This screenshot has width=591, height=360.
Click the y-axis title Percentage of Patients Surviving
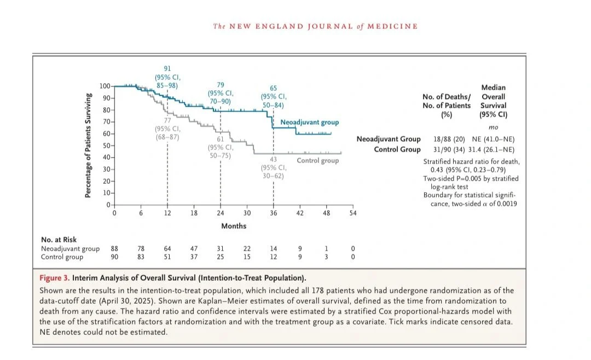coord(88,146)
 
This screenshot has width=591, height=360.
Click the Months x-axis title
coord(234,226)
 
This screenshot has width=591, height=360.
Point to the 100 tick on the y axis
coord(105,86)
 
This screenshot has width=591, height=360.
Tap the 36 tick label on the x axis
coord(273,213)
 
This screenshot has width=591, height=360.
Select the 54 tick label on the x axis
coord(353,213)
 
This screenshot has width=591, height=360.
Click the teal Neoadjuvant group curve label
coord(309,123)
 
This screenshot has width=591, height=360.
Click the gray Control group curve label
coord(317,161)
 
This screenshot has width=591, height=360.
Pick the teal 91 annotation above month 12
coord(167,68)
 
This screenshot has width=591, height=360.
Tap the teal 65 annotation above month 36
coord(274,88)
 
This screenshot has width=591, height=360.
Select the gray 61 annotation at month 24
coord(221,139)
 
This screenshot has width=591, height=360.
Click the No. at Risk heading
coord(59,240)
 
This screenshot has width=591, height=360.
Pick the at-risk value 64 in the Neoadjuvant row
coord(167,249)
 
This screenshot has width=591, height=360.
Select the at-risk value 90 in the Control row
coord(114,257)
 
